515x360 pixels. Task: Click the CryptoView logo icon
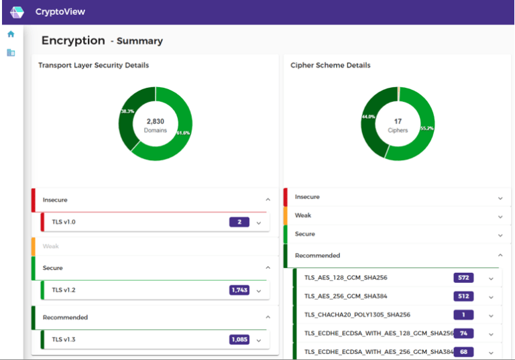tap(17, 12)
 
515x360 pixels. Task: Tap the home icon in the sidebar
tap(11, 34)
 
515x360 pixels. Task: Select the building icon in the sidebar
tap(11, 52)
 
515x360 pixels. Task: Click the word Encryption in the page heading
tap(73, 40)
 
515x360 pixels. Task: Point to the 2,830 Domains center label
tap(155, 125)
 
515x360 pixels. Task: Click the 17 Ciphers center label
tap(398, 125)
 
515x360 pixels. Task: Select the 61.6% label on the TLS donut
tap(183, 133)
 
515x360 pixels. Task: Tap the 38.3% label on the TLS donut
tap(127, 111)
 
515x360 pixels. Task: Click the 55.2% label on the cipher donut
tap(426, 127)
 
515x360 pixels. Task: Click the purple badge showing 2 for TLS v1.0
tap(239, 222)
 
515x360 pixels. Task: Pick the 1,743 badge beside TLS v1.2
tap(239, 290)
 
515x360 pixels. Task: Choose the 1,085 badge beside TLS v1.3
tap(239, 339)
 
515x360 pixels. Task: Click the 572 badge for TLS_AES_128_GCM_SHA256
tap(463, 278)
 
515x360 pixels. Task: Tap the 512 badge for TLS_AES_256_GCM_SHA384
tap(463, 296)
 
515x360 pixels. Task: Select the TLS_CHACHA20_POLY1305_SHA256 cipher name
tap(357, 314)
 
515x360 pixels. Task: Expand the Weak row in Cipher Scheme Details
tap(500, 217)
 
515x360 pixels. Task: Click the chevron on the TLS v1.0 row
tap(259, 223)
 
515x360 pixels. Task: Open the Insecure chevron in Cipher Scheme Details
tap(500, 198)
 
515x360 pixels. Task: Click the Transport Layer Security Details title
tap(93, 65)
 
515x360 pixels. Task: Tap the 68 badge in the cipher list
tap(463, 351)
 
